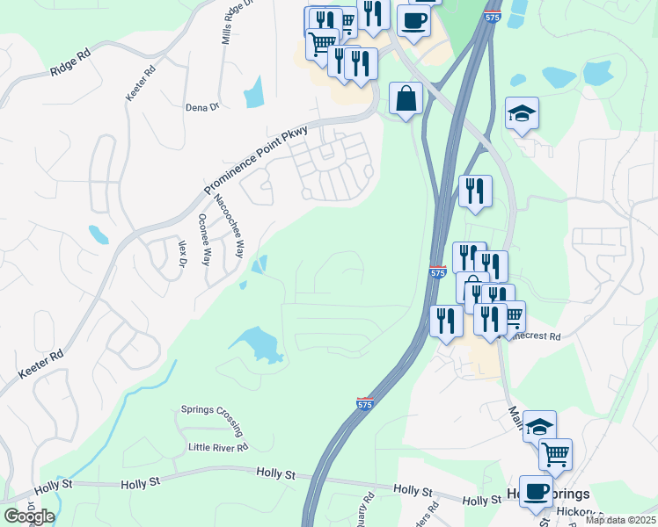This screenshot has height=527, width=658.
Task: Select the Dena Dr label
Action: tap(201, 107)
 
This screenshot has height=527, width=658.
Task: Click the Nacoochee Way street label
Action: tap(228, 227)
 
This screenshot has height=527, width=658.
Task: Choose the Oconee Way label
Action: tap(204, 239)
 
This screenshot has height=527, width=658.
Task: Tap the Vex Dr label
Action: tap(183, 254)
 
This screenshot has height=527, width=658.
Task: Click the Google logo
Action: tap(29, 516)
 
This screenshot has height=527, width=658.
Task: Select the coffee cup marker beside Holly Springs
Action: tap(536, 492)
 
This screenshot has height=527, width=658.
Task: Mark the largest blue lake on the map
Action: tap(257, 343)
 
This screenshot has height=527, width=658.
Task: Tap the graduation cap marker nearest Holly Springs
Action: tap(539, 428)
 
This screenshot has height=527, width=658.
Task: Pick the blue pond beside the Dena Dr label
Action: tap(254, 91)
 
